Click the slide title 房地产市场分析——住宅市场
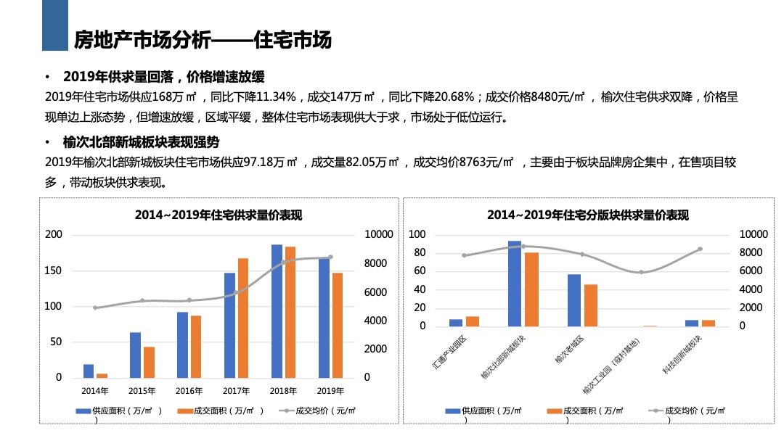(x=203, y=40)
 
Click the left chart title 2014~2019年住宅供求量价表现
(x=218, y=215)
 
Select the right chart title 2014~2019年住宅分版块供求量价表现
(x=587, y=215)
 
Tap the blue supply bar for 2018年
(x=277, y=311)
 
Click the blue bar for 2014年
(x=89, y=371)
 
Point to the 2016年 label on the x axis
(x=189, y=391)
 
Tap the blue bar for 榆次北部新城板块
(x=514, y=284)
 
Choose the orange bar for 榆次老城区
(x=591, y=305)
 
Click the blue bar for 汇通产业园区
(x=456, y=323)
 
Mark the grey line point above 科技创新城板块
(x=700, y=249)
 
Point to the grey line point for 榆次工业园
(x=641, y=272)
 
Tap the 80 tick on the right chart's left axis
(x=417, y=253)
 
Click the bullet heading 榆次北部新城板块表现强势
(x=141, y=142)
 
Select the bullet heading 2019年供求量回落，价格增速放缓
(x=163, y=77)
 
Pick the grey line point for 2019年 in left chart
(x=331, y=257)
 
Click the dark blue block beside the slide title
(x=54, y=25)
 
